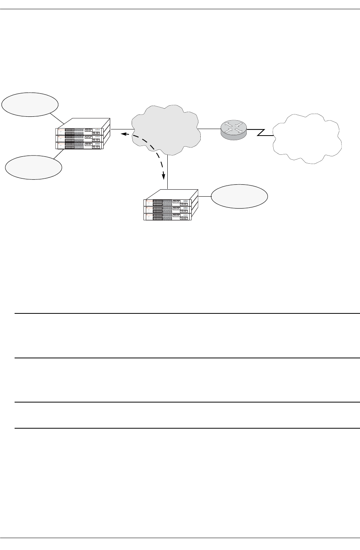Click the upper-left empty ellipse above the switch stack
click(30, 104)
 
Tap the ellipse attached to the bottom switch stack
click(239, 196)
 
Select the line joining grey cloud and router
click(209, 129)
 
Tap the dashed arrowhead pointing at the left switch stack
click(124, 134)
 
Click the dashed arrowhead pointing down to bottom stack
click(164, 176)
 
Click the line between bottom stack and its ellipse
click(205, 196)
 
